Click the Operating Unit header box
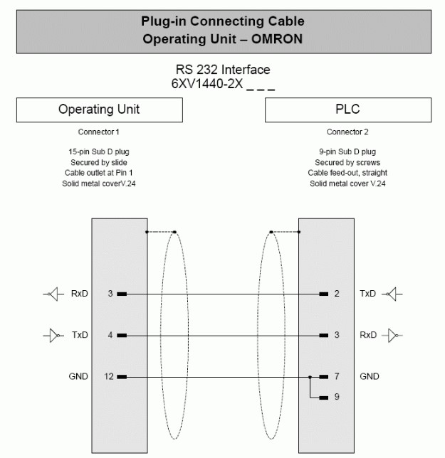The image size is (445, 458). (99, 110)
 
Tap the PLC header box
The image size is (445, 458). (347, 110)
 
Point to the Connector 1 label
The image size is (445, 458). (98, 132)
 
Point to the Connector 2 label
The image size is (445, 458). (347, 132)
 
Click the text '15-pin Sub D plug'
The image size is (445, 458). (98, 151)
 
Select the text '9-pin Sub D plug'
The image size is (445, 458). (347, 151)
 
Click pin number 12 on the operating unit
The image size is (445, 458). (103, 376)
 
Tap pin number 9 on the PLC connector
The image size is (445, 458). (337, 397)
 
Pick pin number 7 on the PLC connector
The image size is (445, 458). (337, 376)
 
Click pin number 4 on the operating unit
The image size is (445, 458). (110, 334)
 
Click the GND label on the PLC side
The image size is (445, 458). (370, 376)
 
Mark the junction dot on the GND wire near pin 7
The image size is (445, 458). (310, 376)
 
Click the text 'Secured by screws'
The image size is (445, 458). (347, 162)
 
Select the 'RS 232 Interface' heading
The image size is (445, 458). (223, 70)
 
